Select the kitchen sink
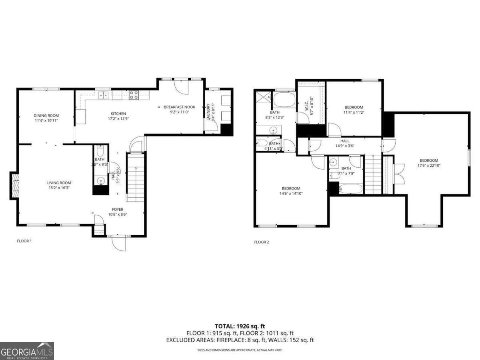(103, 95)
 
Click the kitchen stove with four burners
(134, 95)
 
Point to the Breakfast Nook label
(180, 107)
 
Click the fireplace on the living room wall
(14, 185)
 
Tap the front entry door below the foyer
(119, 243)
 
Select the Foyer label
(118, 209)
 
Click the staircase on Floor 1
(136, 178)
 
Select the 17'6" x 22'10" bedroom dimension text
(429, 165)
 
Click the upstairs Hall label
(344, 141)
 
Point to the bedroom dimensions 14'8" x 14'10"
(291, 194)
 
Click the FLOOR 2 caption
(262, 242)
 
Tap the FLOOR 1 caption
(24, 241)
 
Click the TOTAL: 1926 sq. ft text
(240, 326)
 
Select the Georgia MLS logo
(27, 351)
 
